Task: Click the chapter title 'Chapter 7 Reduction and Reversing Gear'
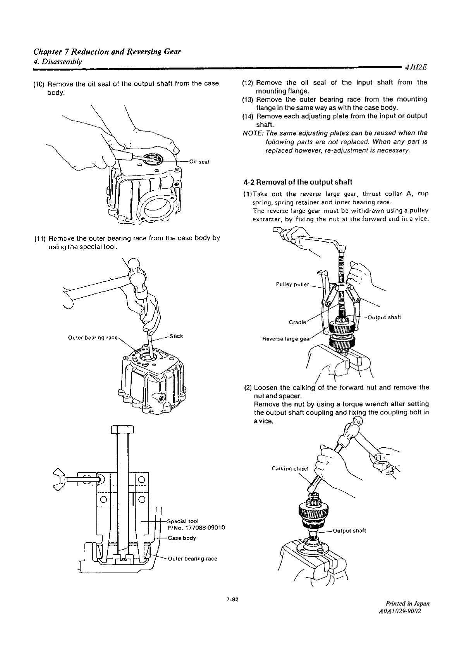tap(107, 52)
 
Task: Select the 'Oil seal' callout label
tap(199, 162)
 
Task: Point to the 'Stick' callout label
tap(176, 336)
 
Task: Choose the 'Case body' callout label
tap(182, 538)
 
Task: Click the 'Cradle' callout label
tap(297, 322)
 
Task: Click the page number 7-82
tap(232, 600)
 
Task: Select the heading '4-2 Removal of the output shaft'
tap(298, 182)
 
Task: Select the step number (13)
tap(247, 100)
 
